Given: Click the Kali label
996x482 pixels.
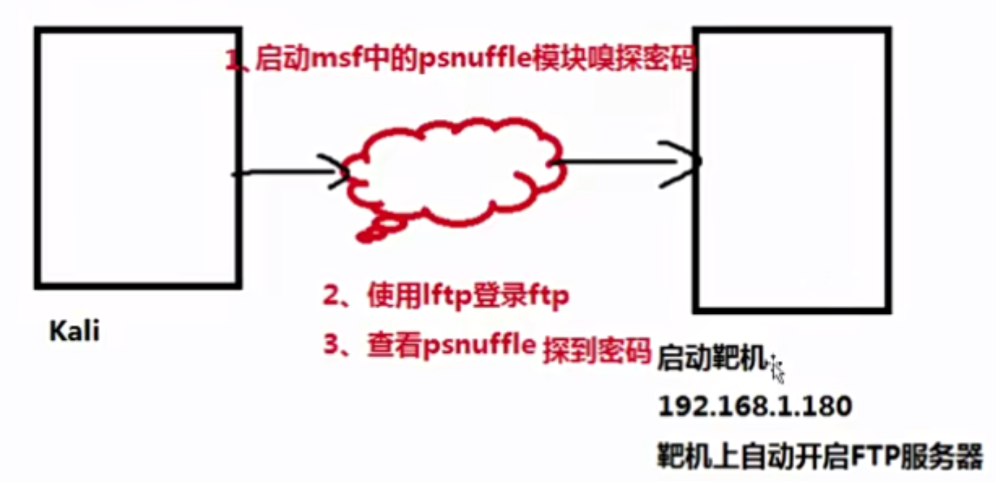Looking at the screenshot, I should point(74,333).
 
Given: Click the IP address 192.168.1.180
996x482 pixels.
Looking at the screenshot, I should point(755,407).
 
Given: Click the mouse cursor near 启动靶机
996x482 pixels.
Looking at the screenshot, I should point(776,367).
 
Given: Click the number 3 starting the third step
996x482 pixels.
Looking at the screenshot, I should point(331,346).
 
